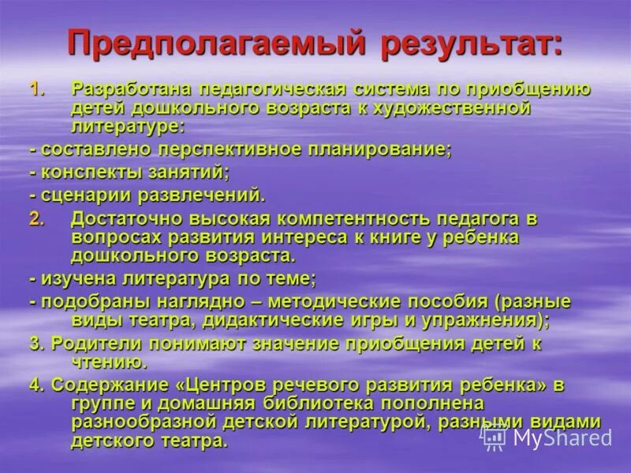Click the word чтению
click(x=109, y=362)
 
